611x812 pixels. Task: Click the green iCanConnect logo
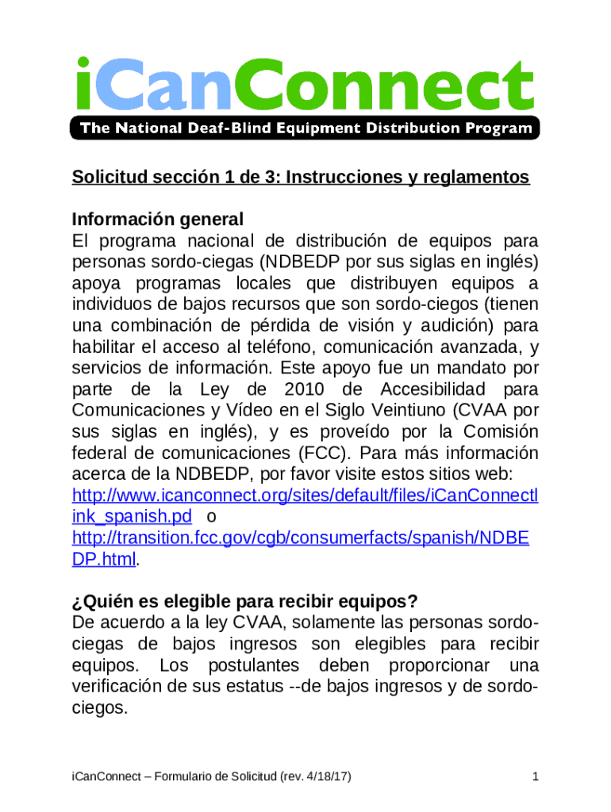305,82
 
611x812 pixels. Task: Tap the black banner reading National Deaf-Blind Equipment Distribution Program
305,128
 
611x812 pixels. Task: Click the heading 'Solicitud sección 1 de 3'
300,177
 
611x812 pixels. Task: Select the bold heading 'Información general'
157,219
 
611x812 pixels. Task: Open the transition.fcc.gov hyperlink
300,538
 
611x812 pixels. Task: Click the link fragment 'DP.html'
104,558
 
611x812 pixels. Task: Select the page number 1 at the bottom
536,776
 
